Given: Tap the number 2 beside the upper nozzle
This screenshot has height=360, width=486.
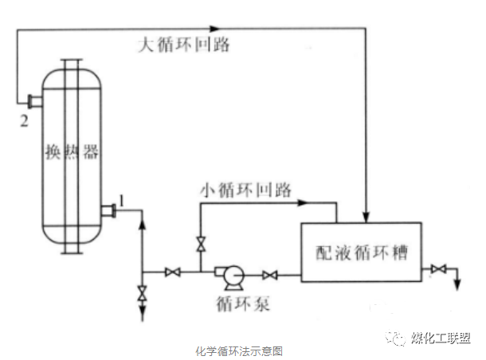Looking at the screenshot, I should coord(24,120).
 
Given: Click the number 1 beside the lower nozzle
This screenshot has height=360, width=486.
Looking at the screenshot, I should coord(120,199).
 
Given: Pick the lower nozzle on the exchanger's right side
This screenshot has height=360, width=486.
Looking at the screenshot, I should coord(108,211).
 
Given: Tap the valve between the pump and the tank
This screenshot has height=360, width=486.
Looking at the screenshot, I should coord(270,276).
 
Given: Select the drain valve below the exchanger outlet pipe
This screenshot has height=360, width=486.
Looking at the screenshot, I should coord(142,292).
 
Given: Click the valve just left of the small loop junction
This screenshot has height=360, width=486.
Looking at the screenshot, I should coord(170,273).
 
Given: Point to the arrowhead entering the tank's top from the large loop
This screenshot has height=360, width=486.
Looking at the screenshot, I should coord(365,215).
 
